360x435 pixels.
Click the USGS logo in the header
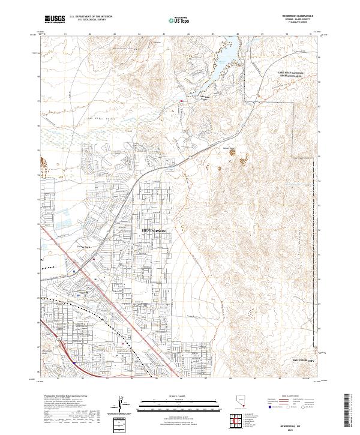(55, 19)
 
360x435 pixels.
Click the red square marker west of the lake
(182, 101)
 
